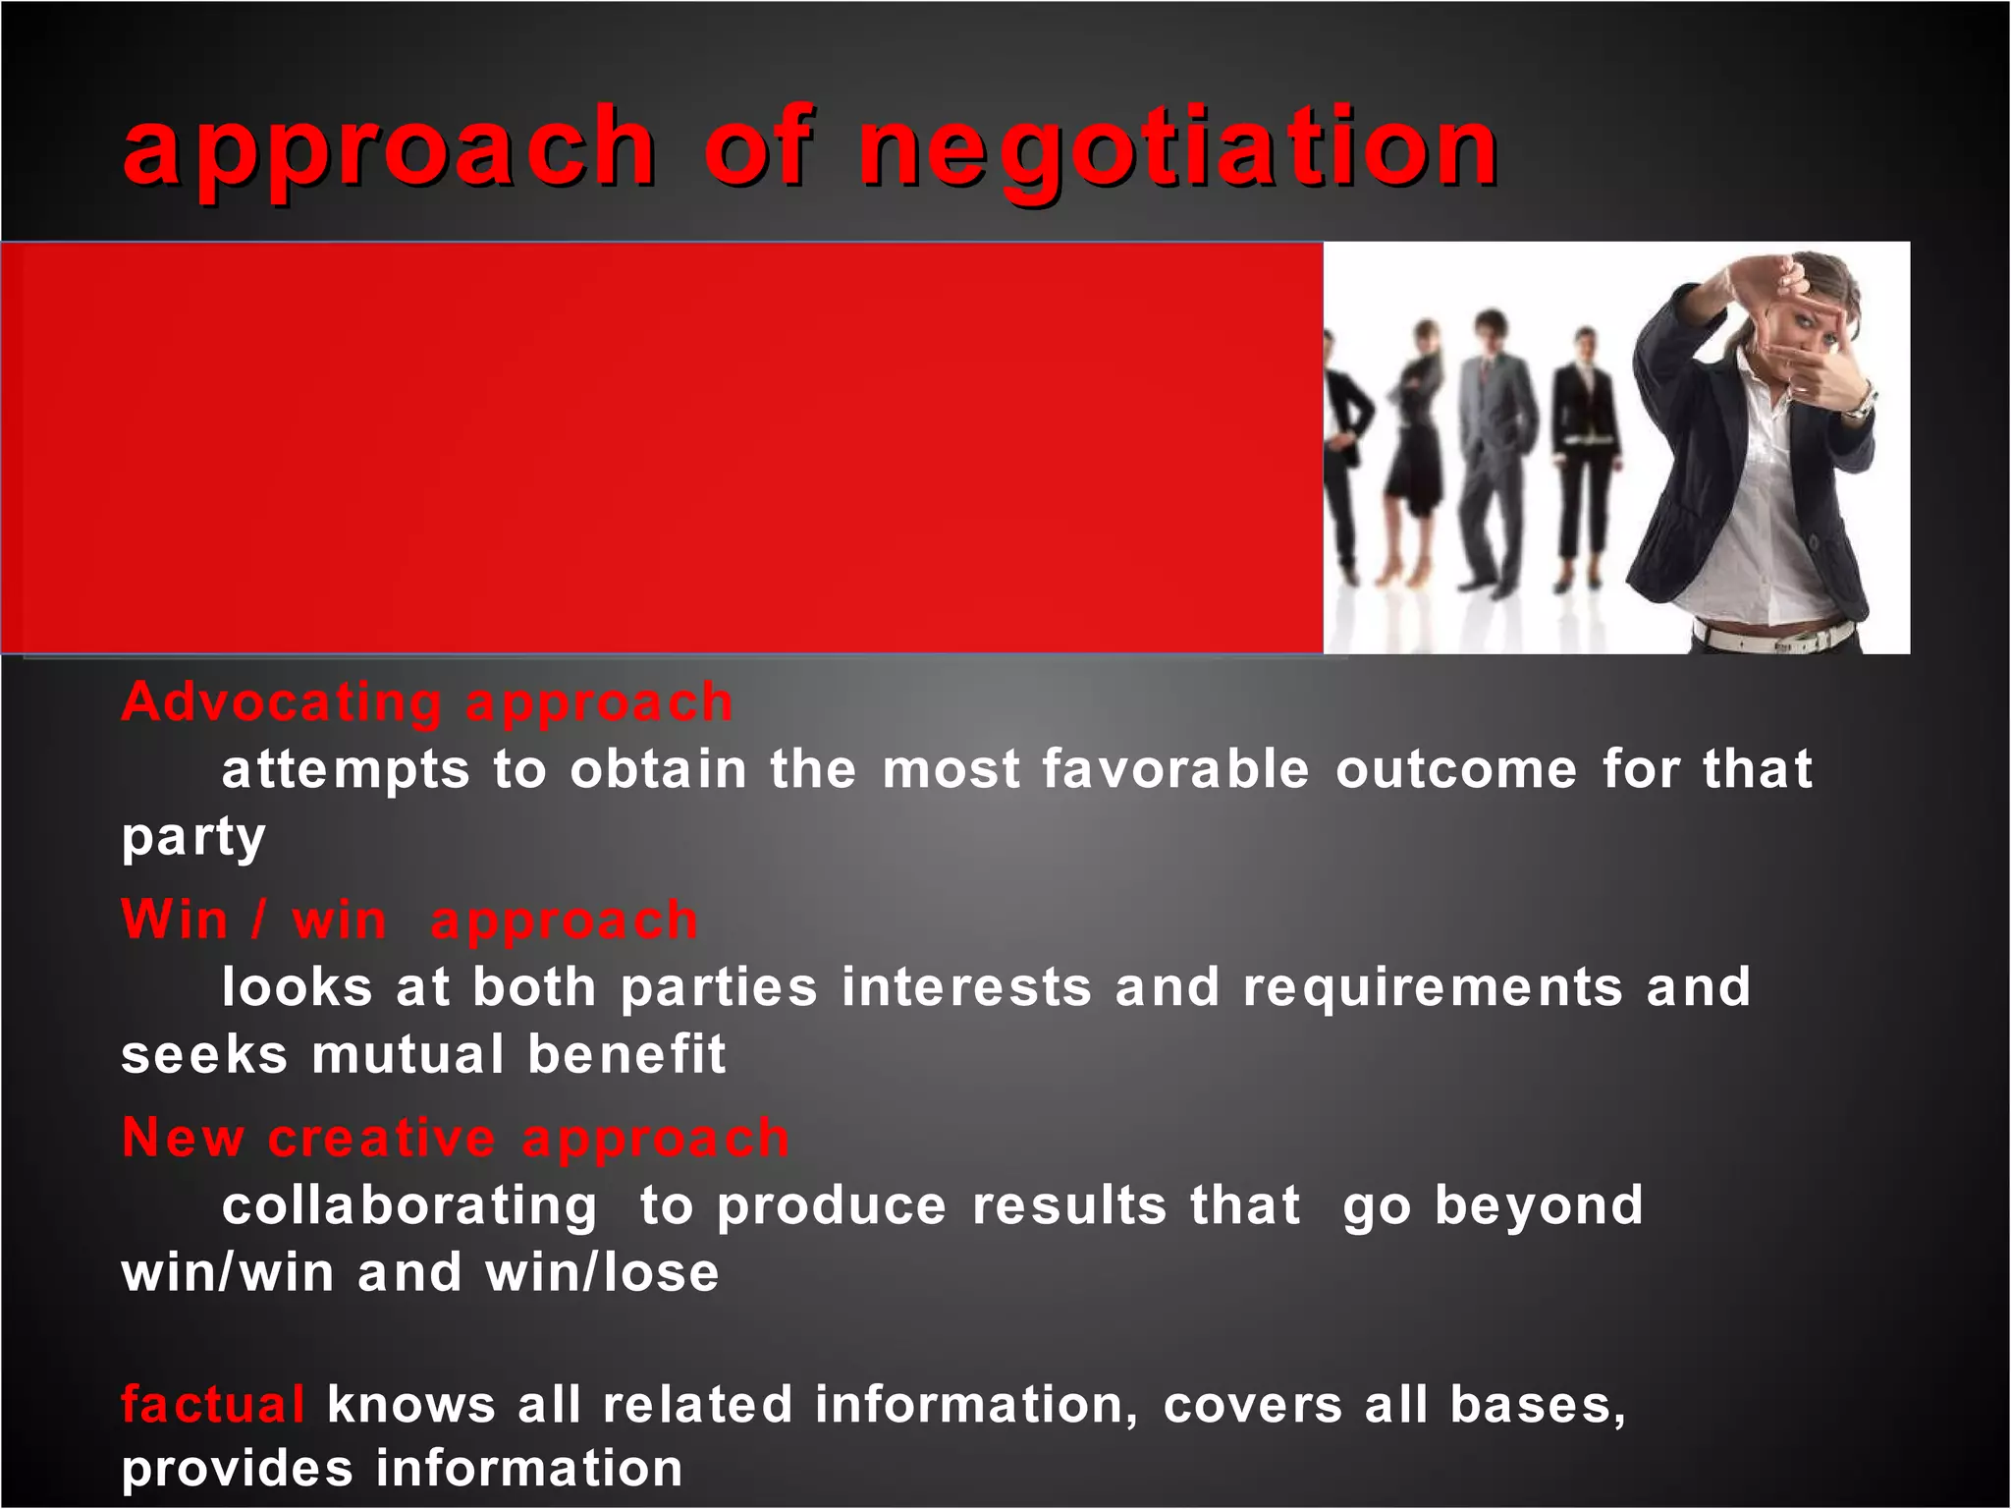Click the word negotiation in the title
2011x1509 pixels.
point(1178,149)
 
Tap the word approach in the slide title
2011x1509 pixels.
point(389,149)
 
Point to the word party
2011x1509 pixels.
point(193,838)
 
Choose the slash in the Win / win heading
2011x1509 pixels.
point(258,921)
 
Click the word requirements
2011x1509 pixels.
point(1433,987)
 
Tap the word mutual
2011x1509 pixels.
point(408,1055)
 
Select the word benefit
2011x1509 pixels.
point(626,1055)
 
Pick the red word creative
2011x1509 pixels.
point(382,1140)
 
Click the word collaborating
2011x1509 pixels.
point(409,1206)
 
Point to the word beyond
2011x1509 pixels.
point(1539,1206)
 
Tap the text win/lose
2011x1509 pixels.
point(602,1273)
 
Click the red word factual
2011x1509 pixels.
point(212,1405)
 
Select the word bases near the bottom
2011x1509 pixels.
point(1538,1405)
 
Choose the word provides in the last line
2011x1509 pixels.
point(237,1470)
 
